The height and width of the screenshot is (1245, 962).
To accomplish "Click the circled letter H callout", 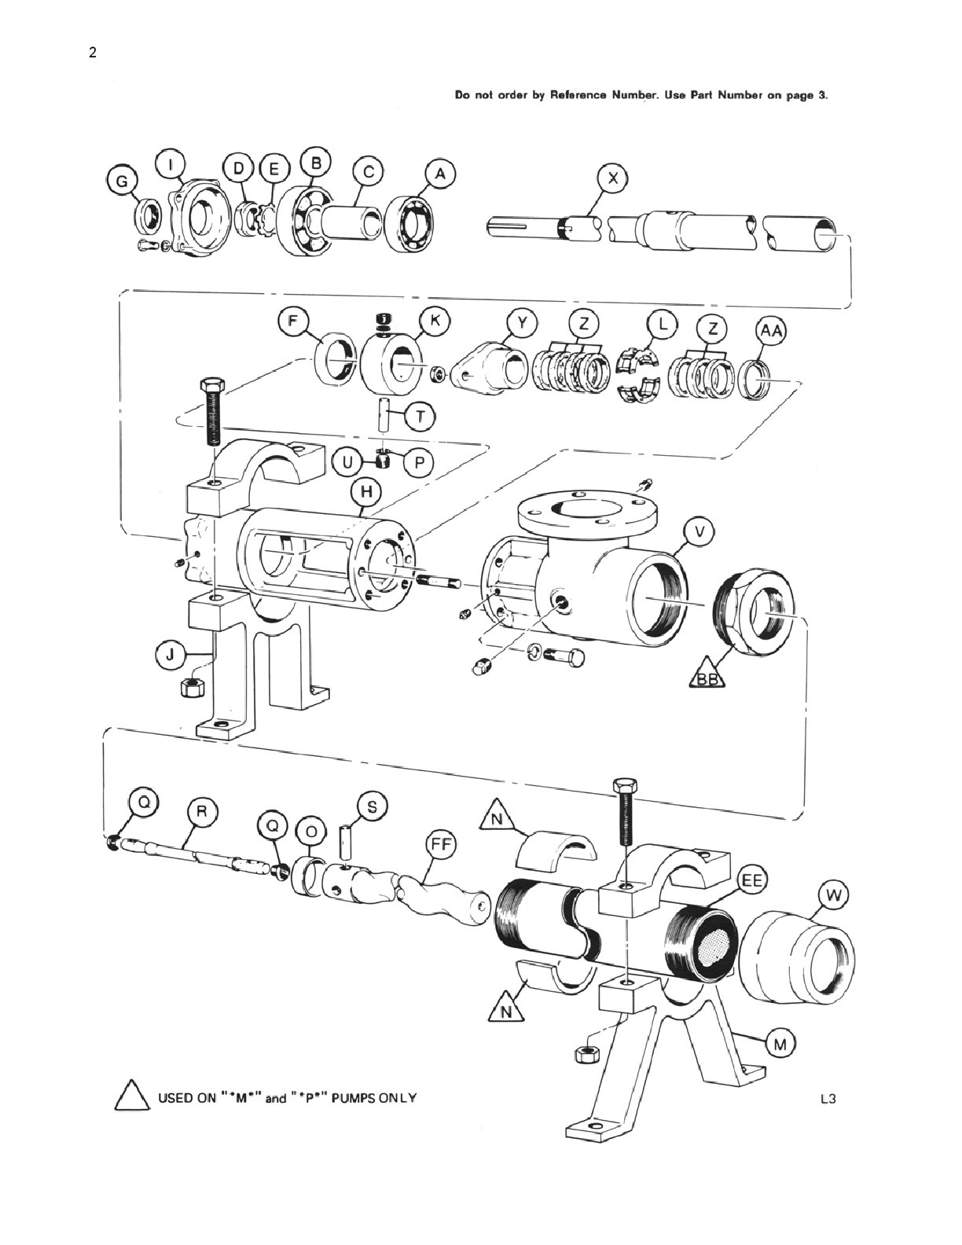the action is [x=367, y=491].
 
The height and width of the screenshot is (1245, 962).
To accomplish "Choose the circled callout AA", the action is [x=771, y=333].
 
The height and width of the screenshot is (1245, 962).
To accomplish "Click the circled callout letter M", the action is [x=780, y=1045].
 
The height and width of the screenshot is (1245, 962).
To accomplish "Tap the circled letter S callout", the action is [x=372, y=807].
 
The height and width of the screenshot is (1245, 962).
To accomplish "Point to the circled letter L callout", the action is [x=663, y=325].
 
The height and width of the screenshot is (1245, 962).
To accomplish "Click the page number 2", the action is [x=93, y=53].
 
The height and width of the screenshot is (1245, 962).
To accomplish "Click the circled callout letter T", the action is [x=420, y=417].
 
